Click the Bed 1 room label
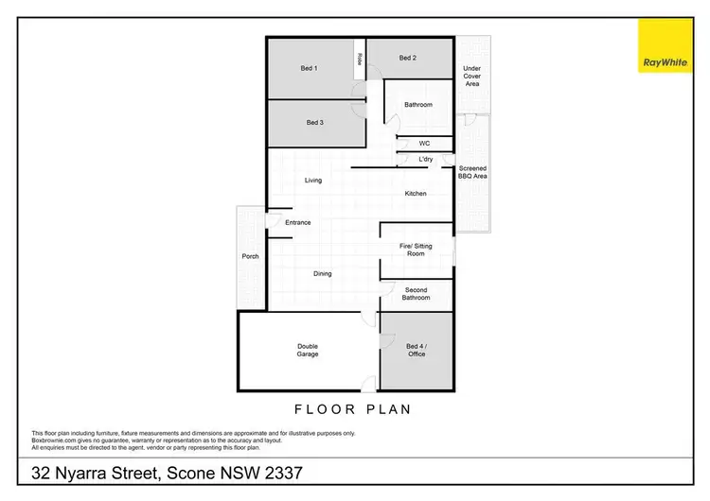[x=309, y=68]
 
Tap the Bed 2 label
[x=408, y=58]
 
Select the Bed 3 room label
[x=315, y=123]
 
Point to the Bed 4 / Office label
[x=417, y=351]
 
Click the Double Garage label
[x=308, y=351]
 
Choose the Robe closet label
[x=360, y=59]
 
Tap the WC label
[x=424, y=144]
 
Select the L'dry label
[x=425, y=160]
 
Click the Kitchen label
[x=416, y=194]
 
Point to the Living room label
[x=313, y=180]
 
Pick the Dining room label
[x=323, y=274]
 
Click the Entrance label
[x=298, y=223]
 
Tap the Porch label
[x=251, y=256]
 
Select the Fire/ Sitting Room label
[x=417, y=250]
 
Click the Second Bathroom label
[x=417, y=294]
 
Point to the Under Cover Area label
[x=472, y=77]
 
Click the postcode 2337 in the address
[x=283, y=472]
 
